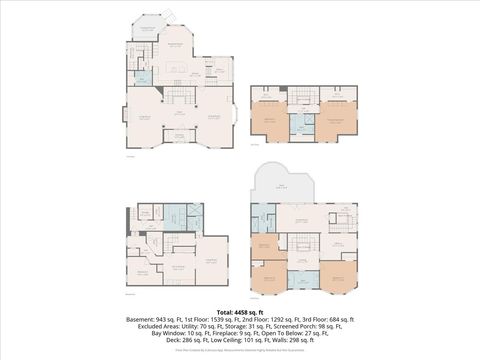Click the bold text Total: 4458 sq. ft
pyautogui.click(x=240, y=311)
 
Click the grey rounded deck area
pyautogui.click(x=283, y=186)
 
